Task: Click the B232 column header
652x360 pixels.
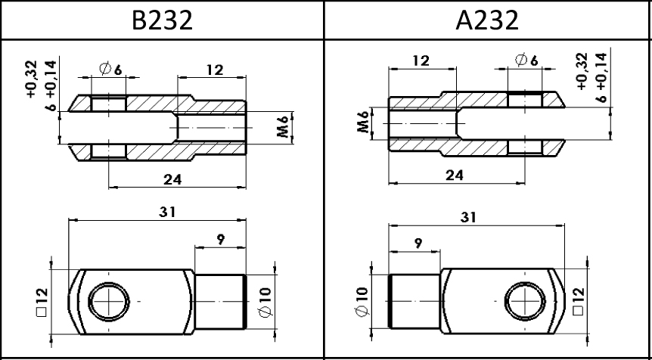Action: pos(162,20)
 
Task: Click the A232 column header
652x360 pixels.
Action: pos(487,20)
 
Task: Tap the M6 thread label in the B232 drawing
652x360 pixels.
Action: pos(283,127)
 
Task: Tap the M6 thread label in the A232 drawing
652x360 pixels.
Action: pos(363,122)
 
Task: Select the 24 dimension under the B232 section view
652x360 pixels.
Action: pos(172,179)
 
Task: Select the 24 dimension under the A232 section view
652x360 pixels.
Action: pos(455,175)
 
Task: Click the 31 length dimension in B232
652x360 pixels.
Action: pos(168,212)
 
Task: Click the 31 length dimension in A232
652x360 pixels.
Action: pos(468,217)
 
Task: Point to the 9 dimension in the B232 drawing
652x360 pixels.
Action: pos(220,240)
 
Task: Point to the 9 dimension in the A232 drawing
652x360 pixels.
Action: pos(418,244)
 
